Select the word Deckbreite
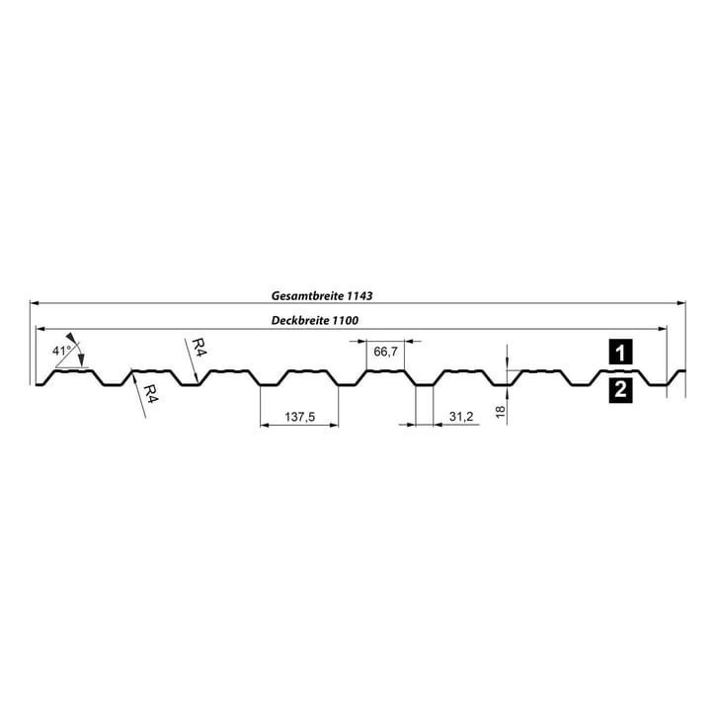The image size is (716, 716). click(302, 320)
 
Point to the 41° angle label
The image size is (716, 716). click(62, 351)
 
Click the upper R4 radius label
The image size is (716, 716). click(198, 348)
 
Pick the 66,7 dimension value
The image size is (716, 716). click(386, 352)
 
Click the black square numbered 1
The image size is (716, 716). click(619, 351)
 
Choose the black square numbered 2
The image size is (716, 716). click(619, 390)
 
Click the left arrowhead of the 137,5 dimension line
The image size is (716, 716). click(264, 426)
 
